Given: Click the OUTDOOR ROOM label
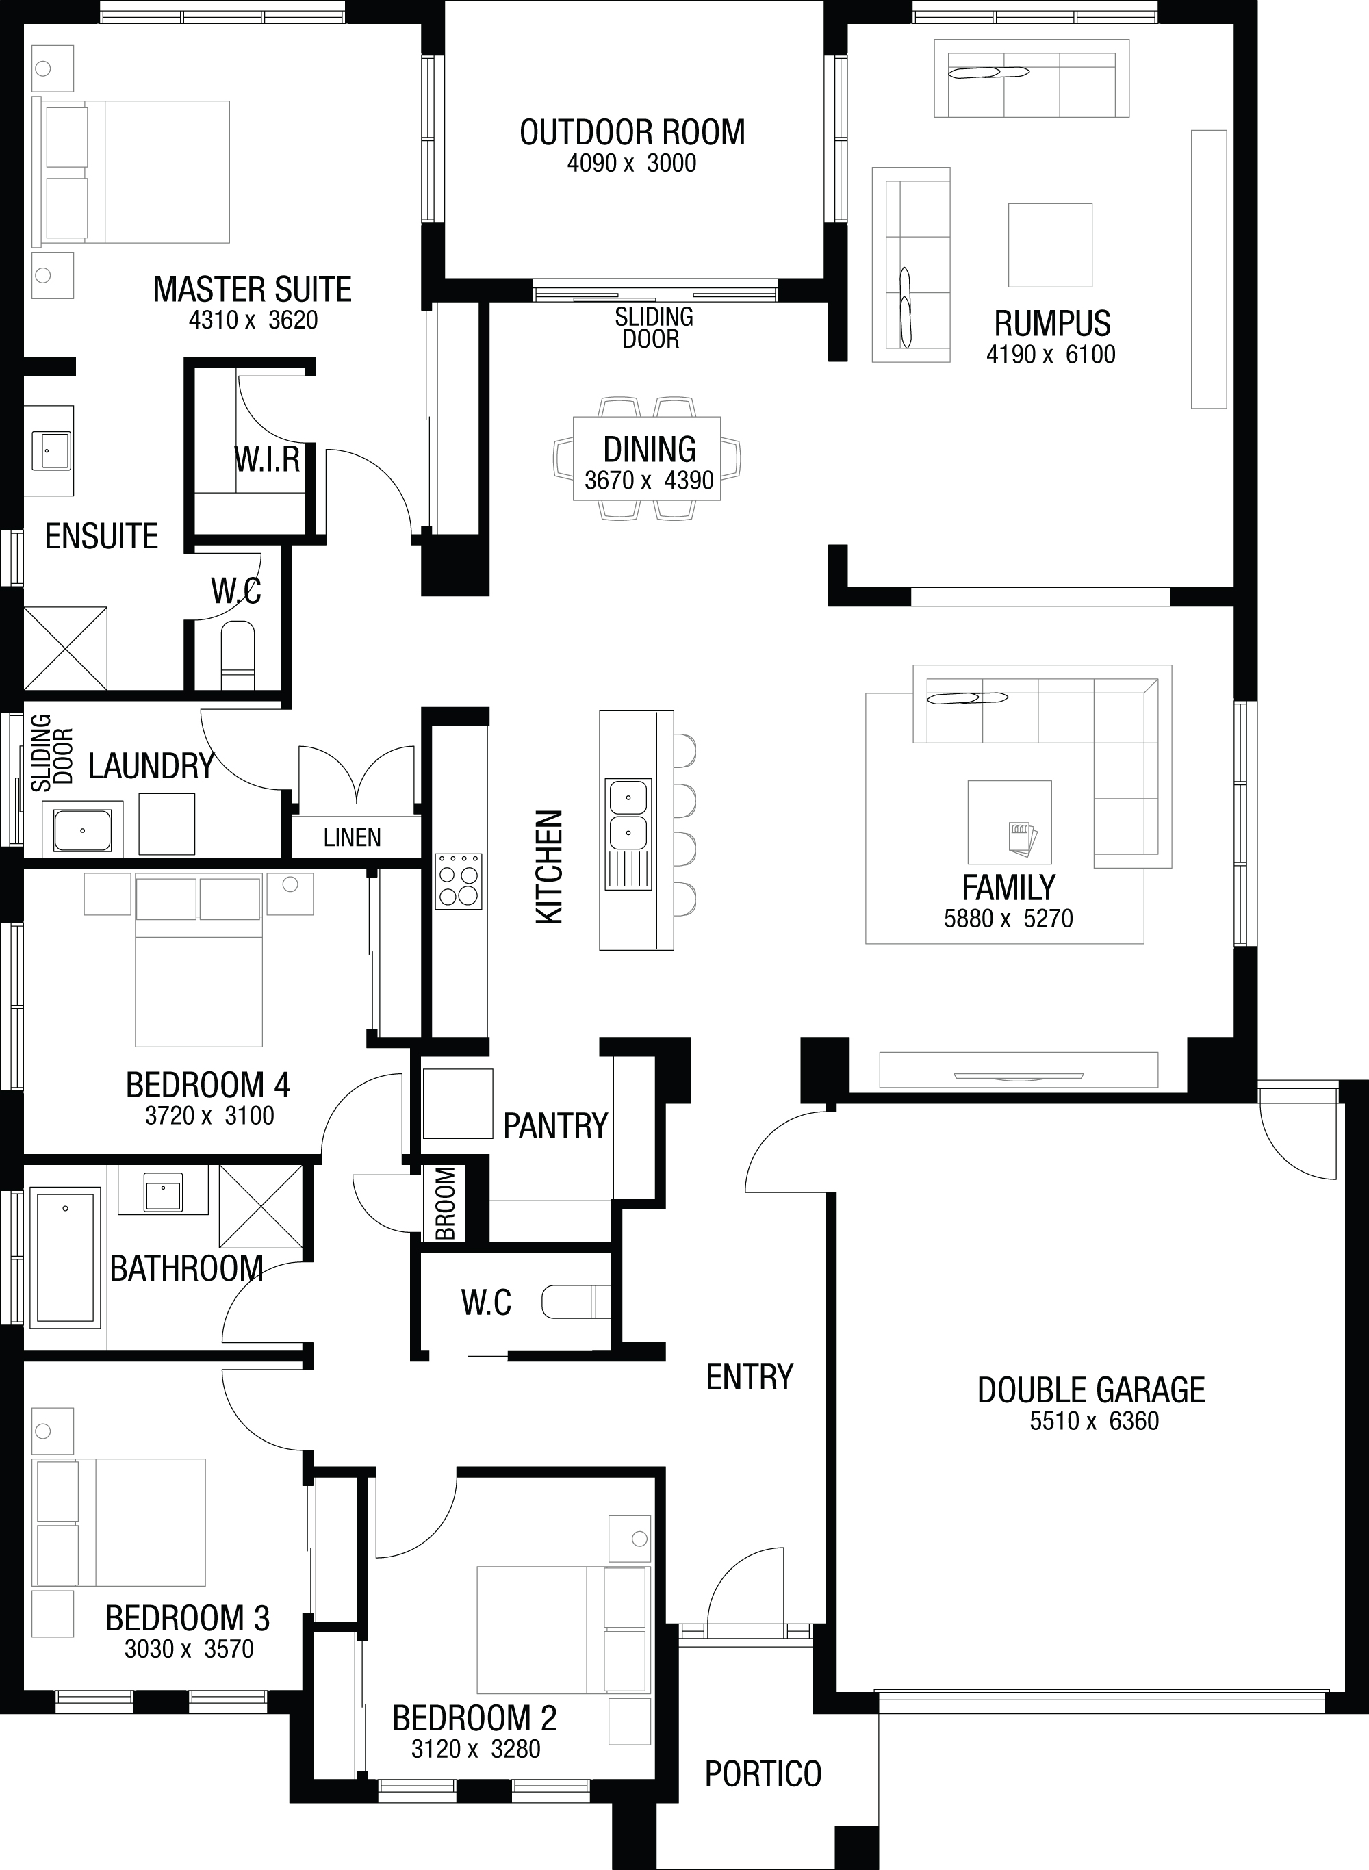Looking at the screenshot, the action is click(x=632, y=133).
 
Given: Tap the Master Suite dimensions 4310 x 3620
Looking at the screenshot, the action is click(x=253, y=320).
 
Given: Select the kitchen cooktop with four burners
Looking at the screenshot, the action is click(x=458, y=881).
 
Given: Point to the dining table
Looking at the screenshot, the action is click(x=648, y=458).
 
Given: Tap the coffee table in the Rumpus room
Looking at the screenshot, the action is click(x=1050, y=244).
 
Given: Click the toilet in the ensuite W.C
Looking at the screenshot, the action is click(x=238, y=657).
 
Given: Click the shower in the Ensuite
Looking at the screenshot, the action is click(x=66, y=648).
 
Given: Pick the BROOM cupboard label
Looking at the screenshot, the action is click(x=446, y=1203).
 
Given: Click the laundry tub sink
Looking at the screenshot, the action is click(x=82, y=830).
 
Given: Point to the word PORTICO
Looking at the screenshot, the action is click(x=763, y=1774).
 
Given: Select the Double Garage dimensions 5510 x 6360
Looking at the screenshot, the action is click(x=1094, y=1421).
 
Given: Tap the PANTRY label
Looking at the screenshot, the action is click(x=556, y=1125).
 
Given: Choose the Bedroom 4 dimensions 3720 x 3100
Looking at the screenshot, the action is click(x=209, y=1115).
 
